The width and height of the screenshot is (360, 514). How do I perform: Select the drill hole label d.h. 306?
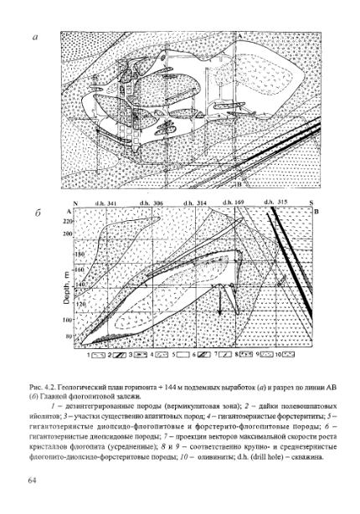(x=153, y=203)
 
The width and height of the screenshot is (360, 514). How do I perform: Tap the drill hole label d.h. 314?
(x=196, y=203)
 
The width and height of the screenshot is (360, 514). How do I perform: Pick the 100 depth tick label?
(x=69, y=320)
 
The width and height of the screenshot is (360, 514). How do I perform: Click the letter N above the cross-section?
(x=76, y=203)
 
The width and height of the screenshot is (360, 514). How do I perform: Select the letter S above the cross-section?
(x=306, y=203)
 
